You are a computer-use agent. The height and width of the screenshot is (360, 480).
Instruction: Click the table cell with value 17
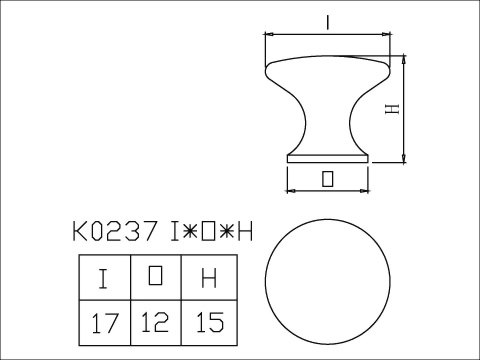coord(104,323)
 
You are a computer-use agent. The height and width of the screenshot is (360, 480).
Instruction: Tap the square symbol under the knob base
coord(328,179)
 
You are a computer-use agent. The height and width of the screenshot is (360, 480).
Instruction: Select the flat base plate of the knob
coord(328,158)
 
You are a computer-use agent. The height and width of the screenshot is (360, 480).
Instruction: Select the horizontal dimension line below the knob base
coord(328,190)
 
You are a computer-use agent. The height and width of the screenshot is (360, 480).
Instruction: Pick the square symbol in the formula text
coord(211,232)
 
